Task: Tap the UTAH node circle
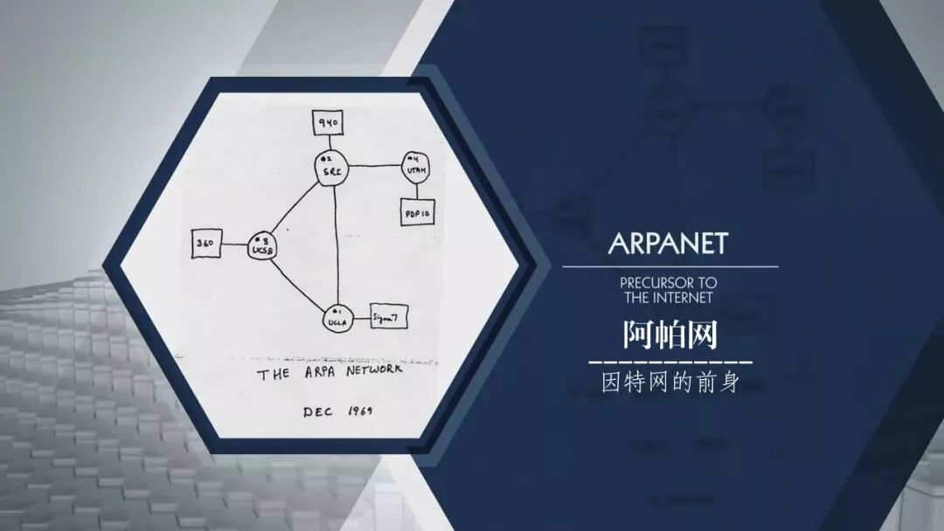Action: pyautogui.click(x=413, y=166)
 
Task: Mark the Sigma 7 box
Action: pyautogui.click(x=389, y=315)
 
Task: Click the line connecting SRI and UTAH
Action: pyautogui.click(x=373, y=166)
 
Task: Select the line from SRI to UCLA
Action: pyautogui.click(x=337, y=245)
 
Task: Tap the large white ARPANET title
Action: pyautogui.click(x=668, y=243)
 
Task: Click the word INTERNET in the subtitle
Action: pyautogui.click(x=681, y=297)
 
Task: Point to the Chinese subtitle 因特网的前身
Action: pyautogui.click(x=670, y=383)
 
